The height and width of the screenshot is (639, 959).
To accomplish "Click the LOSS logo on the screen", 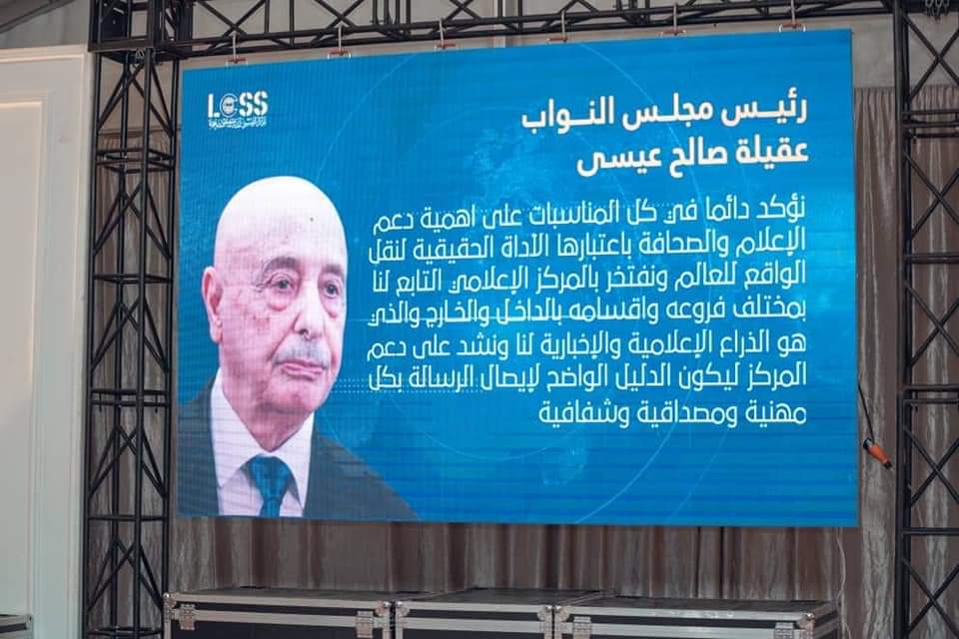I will (237, 109).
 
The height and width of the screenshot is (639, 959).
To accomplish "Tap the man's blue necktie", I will (270, 479).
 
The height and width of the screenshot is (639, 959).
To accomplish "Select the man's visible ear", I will (213, 300).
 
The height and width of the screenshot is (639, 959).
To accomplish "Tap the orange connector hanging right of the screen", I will (877, 453).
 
